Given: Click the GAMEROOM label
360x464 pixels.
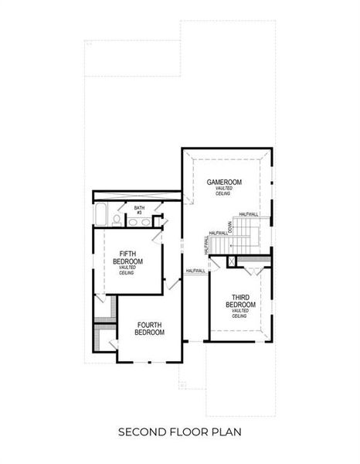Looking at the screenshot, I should (224, 182).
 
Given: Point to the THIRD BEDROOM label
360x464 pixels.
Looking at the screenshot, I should (240, 301).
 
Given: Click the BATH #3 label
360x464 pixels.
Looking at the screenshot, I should (139, 210).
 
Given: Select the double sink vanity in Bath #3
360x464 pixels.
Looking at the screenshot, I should (138, 222).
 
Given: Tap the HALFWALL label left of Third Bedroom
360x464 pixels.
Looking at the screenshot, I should (195, 271).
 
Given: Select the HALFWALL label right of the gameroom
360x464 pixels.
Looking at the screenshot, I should (249, 214).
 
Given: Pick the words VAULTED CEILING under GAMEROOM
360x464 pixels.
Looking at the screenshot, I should (224, 191).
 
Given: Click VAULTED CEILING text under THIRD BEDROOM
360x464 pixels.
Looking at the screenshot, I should (240, 313).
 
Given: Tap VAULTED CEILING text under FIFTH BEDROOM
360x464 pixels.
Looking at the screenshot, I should (127, 270).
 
